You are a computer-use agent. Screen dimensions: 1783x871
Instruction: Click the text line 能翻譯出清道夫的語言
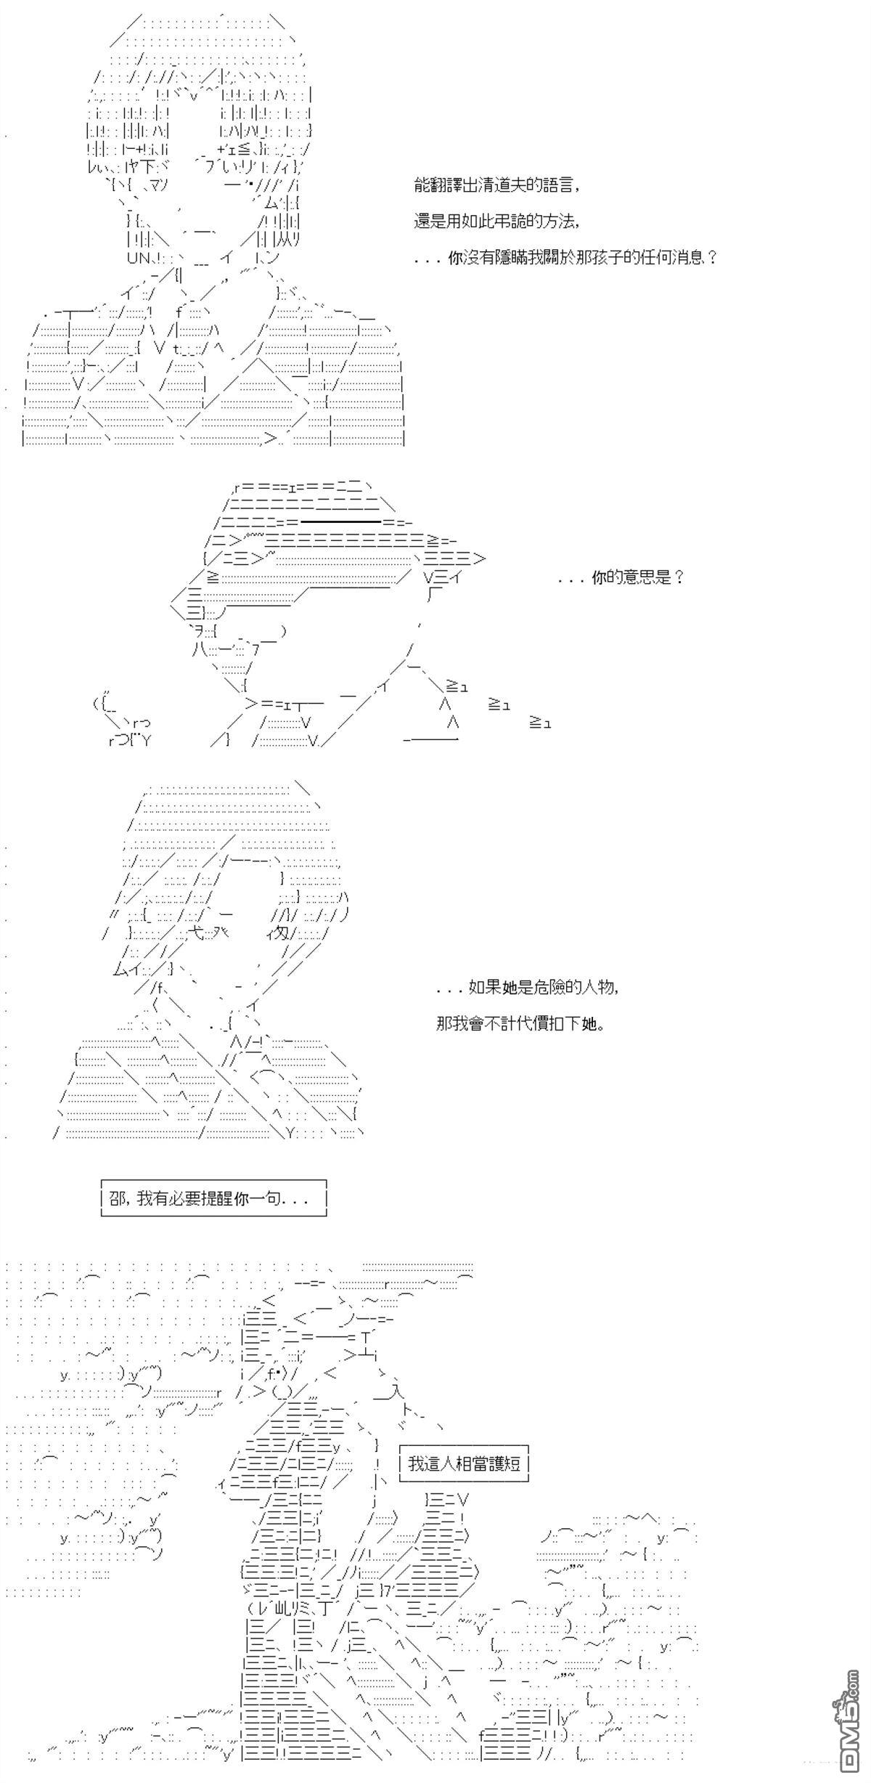tap(497, 186)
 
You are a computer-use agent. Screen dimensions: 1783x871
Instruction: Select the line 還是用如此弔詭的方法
tap(497, 222)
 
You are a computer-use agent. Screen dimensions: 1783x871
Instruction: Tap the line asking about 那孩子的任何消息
tap(566, 257)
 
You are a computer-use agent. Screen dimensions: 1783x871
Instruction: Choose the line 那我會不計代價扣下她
tap(520, 1023)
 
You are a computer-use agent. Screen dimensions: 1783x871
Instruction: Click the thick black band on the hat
tap(341, 521)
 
